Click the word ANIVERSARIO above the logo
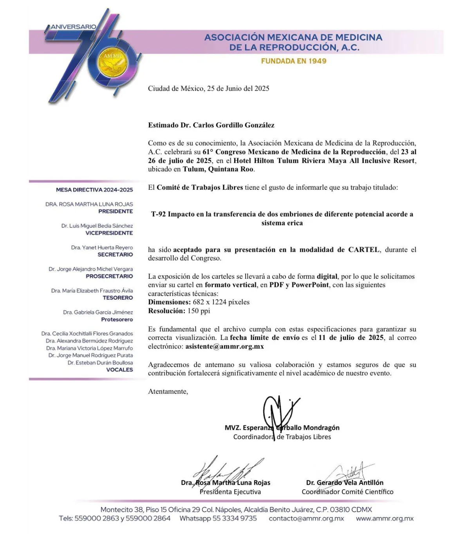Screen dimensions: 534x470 coord(73,27)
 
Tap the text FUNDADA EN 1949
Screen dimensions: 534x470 coord(293,61)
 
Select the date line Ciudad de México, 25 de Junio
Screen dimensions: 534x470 coord(208,89)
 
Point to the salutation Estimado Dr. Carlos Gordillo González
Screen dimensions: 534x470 coord(211,125)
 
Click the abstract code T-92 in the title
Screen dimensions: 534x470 coord(159,214)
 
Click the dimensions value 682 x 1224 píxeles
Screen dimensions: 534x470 coord(221,302)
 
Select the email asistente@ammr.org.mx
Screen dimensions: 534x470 coord(224,346)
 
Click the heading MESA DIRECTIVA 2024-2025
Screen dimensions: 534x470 coord(94,190)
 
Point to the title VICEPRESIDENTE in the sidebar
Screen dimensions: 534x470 coord(109,233)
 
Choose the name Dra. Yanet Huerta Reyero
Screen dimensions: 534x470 coord(102,247)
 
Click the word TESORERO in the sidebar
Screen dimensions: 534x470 coord(117,298)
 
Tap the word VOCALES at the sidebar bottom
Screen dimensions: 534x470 coord(119,369)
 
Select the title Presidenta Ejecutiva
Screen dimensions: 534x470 coord(230,492)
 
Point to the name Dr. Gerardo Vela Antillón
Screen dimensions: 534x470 coord(345,483)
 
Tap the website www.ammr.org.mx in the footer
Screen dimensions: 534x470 coord(385,518)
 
